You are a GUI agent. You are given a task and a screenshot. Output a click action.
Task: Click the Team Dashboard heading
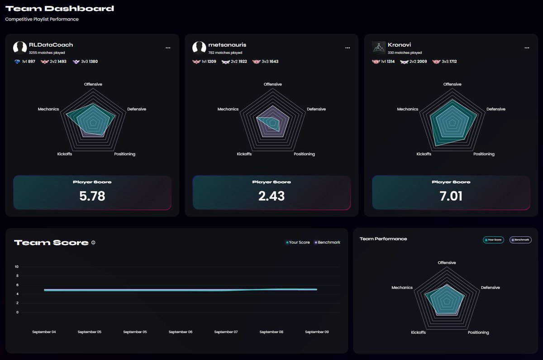60,9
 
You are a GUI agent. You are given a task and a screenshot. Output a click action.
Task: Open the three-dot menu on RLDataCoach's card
168,48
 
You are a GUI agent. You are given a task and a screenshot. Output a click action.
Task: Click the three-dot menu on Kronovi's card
527,48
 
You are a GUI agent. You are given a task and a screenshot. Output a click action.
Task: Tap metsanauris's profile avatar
199,48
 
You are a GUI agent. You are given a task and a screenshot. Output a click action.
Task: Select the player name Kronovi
399,45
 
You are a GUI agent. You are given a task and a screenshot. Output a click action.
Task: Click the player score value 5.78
92,196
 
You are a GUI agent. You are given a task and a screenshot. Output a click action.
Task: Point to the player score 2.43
271,196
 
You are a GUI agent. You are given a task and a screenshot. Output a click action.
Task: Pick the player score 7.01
451,196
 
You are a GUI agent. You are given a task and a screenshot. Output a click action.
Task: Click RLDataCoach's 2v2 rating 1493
62,62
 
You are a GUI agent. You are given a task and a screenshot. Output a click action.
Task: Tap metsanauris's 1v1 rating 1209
212,62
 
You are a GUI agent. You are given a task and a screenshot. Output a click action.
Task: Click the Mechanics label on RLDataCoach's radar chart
48,109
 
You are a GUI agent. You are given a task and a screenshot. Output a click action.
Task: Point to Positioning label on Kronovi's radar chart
484,154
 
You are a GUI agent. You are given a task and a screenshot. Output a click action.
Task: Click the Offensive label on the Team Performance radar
447,263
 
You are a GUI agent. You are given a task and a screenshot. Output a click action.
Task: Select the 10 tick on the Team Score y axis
16,267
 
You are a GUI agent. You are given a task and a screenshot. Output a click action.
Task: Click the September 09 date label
317,332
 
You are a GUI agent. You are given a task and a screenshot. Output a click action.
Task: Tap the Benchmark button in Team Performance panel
520,240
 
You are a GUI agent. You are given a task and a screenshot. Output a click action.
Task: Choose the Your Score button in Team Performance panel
493,240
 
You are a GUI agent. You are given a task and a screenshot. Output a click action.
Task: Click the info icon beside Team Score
93,243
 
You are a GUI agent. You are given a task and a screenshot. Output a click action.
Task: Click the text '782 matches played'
225,53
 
